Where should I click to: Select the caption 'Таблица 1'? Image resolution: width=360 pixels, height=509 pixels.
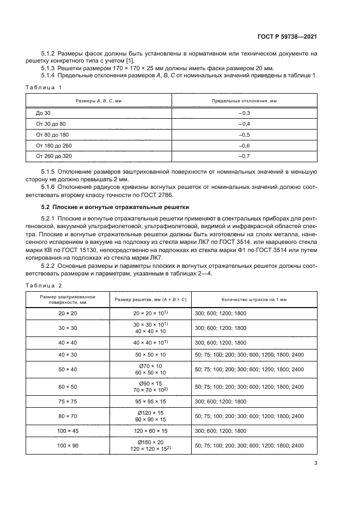44,87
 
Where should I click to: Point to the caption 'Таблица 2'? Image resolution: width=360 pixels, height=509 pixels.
44,285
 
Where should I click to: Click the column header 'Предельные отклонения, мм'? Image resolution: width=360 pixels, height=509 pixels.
244,101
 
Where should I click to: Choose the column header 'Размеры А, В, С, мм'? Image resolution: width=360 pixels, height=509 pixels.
99,101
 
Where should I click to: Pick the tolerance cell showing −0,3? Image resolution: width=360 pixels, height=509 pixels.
244,113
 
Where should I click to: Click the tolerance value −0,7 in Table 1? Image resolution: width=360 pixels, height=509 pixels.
244,157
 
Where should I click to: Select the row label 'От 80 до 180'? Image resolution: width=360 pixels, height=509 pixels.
53,134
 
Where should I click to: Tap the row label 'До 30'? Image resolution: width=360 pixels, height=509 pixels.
43,113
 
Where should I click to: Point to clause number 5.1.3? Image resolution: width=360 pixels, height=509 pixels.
49,68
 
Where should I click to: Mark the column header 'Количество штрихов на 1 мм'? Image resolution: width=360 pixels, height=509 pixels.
254,299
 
